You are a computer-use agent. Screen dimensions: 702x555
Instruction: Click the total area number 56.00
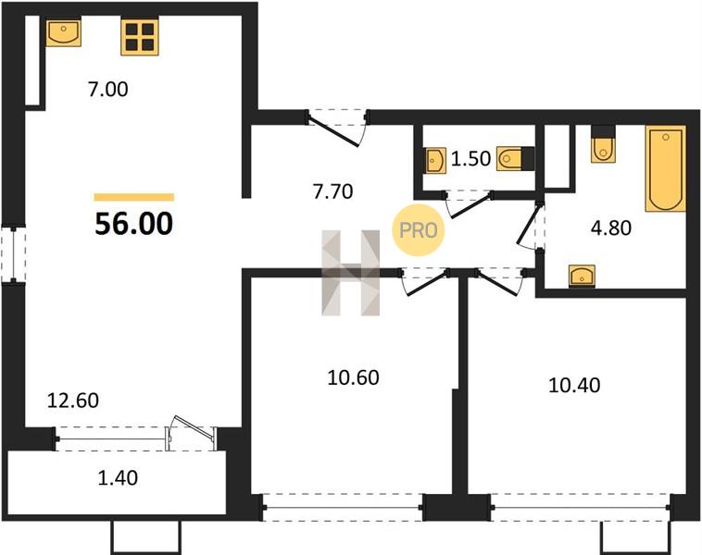click(134, 224)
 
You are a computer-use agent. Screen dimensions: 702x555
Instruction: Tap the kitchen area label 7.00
click(108, 90)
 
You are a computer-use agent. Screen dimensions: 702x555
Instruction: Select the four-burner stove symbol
click(140, 37)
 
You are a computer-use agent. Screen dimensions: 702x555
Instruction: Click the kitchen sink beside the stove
click(64, 32)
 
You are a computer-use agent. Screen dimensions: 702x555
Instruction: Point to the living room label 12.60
click(73, 401)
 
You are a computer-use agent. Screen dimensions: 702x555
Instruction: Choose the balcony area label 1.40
click(118, 478)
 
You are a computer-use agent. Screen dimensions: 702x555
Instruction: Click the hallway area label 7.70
click(333, 191)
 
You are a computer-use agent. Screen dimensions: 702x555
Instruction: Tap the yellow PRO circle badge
click(419, 230)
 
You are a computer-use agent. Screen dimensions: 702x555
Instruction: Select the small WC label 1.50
click(470, 159)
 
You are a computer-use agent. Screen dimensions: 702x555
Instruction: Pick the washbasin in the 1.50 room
click(436, 160)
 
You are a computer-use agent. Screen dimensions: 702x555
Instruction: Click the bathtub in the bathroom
click(665, 168)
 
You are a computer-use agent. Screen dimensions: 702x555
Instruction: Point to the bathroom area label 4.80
click(611, 228)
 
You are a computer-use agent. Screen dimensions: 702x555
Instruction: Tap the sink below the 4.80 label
click(582, 275)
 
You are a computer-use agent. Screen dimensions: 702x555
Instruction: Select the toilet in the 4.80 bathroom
click(603, 144)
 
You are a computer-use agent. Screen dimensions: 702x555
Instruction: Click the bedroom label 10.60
click(353, 377)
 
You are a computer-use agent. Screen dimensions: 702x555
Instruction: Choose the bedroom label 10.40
click(574, 385)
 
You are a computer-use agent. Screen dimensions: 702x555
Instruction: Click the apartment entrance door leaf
click(333, 130)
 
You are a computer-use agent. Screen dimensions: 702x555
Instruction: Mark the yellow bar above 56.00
click(134, 197)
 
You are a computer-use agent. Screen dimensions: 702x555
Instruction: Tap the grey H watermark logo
click(351, 273)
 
